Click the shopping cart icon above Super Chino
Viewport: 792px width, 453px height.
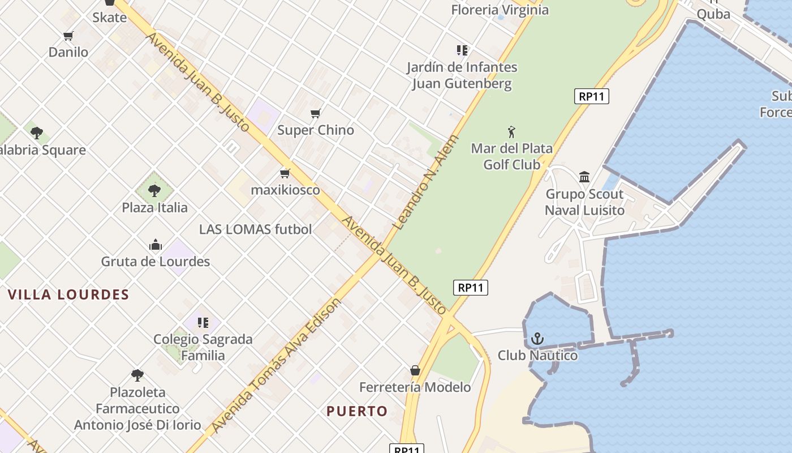coord(316,114)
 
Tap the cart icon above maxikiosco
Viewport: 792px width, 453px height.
coord(285,173)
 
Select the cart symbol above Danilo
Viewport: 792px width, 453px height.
coord(68,36)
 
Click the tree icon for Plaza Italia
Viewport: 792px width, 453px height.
coord(154,191)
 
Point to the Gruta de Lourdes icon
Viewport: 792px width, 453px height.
coord(156,245)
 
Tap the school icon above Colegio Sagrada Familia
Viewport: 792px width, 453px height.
coord(203,323)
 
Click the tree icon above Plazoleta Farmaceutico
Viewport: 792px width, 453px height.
coord(137,375)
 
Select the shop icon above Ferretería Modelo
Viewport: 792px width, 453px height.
coord(415,370)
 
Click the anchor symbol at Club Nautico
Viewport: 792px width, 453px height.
coord(537,339)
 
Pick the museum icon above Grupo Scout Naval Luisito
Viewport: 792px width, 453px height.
coord(584,177)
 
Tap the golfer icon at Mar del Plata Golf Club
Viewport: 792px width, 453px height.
coord(511,132)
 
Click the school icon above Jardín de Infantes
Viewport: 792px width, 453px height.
coord(462,50)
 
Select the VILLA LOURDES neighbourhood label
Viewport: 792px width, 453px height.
coord(68,294)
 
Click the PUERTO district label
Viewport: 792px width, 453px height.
coord(357,411)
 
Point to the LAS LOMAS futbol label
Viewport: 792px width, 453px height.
coord(255,229)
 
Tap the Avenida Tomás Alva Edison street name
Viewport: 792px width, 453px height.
coord(277,366)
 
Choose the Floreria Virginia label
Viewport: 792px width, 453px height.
coord(500,10)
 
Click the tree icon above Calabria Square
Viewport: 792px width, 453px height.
coord(37,133)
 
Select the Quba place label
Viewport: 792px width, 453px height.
coord(713,14)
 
